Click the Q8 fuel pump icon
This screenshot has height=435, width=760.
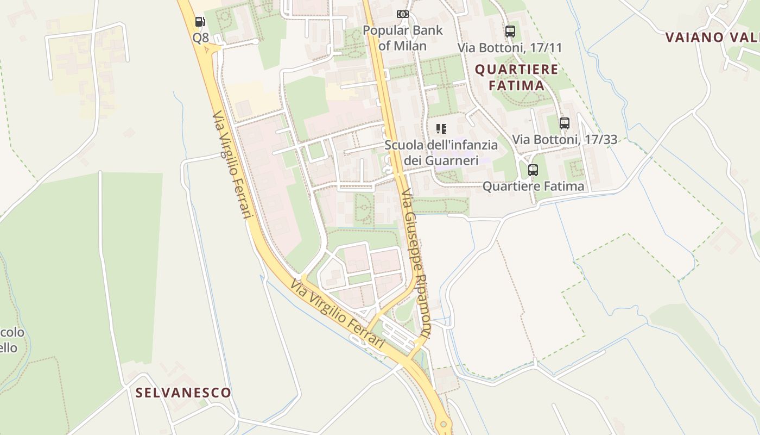pos(200,22)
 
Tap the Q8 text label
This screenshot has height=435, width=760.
pos(200,38)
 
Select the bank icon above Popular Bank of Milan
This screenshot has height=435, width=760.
pos(402,14)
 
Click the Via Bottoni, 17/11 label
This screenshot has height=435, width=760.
pos(510,47)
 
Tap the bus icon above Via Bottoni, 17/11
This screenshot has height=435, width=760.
pos(510,31)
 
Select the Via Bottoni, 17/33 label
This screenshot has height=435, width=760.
pos(565,140)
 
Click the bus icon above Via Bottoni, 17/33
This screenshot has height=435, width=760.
pos(565,123)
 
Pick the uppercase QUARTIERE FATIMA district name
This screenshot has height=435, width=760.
pos(516,77)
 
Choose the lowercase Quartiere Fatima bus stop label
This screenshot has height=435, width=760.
pos(533,186)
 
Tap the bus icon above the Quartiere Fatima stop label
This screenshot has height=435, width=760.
pos(533,170)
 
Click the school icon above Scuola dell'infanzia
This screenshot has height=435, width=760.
pos(441,129)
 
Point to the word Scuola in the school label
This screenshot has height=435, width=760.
pos(402,145)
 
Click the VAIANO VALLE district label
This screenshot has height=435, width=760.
pos(712,38)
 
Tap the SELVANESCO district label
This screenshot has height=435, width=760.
pos(183,393)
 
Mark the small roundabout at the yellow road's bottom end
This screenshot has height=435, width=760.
pos(444,424)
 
